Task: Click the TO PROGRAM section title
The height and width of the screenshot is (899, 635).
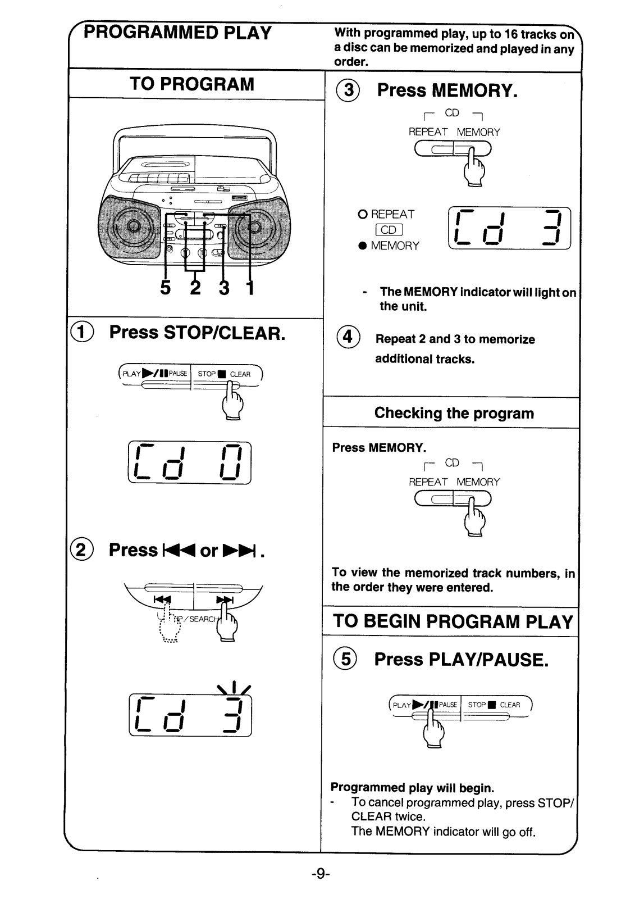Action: [x=192, y=84]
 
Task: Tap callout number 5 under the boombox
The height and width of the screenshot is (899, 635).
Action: [x=165, y=288]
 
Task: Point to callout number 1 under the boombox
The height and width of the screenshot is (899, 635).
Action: [x=249, y=288]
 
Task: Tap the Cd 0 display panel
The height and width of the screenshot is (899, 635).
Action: [x=190, y=462]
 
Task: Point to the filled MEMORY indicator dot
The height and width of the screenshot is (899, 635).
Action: [x=363, y=246]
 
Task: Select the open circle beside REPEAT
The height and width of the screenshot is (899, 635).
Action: [x=363, y=215]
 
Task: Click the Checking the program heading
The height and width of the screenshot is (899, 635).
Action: [x=454, y=414]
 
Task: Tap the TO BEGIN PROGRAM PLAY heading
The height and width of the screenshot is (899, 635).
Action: [x=453, y=622]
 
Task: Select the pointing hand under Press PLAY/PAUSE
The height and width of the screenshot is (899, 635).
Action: [x=433, y=730]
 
